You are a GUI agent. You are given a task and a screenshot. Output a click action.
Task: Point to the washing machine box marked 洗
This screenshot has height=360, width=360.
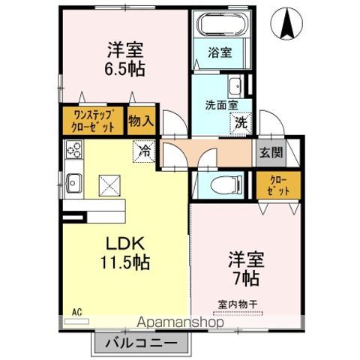click(241, 122)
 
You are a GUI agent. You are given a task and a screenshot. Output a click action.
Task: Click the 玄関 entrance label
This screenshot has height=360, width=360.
click(271, 153)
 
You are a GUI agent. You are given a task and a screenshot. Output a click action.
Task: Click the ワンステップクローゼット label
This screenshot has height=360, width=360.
click(94, 121)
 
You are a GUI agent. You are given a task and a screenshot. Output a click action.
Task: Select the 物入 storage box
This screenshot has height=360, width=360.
click(141, 120)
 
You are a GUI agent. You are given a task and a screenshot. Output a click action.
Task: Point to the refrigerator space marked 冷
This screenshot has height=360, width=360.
click(145, 150)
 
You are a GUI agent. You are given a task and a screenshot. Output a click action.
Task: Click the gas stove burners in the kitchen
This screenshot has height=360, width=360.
click(74, 152)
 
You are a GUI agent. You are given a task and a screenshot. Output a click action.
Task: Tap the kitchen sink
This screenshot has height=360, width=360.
click(75, 181)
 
